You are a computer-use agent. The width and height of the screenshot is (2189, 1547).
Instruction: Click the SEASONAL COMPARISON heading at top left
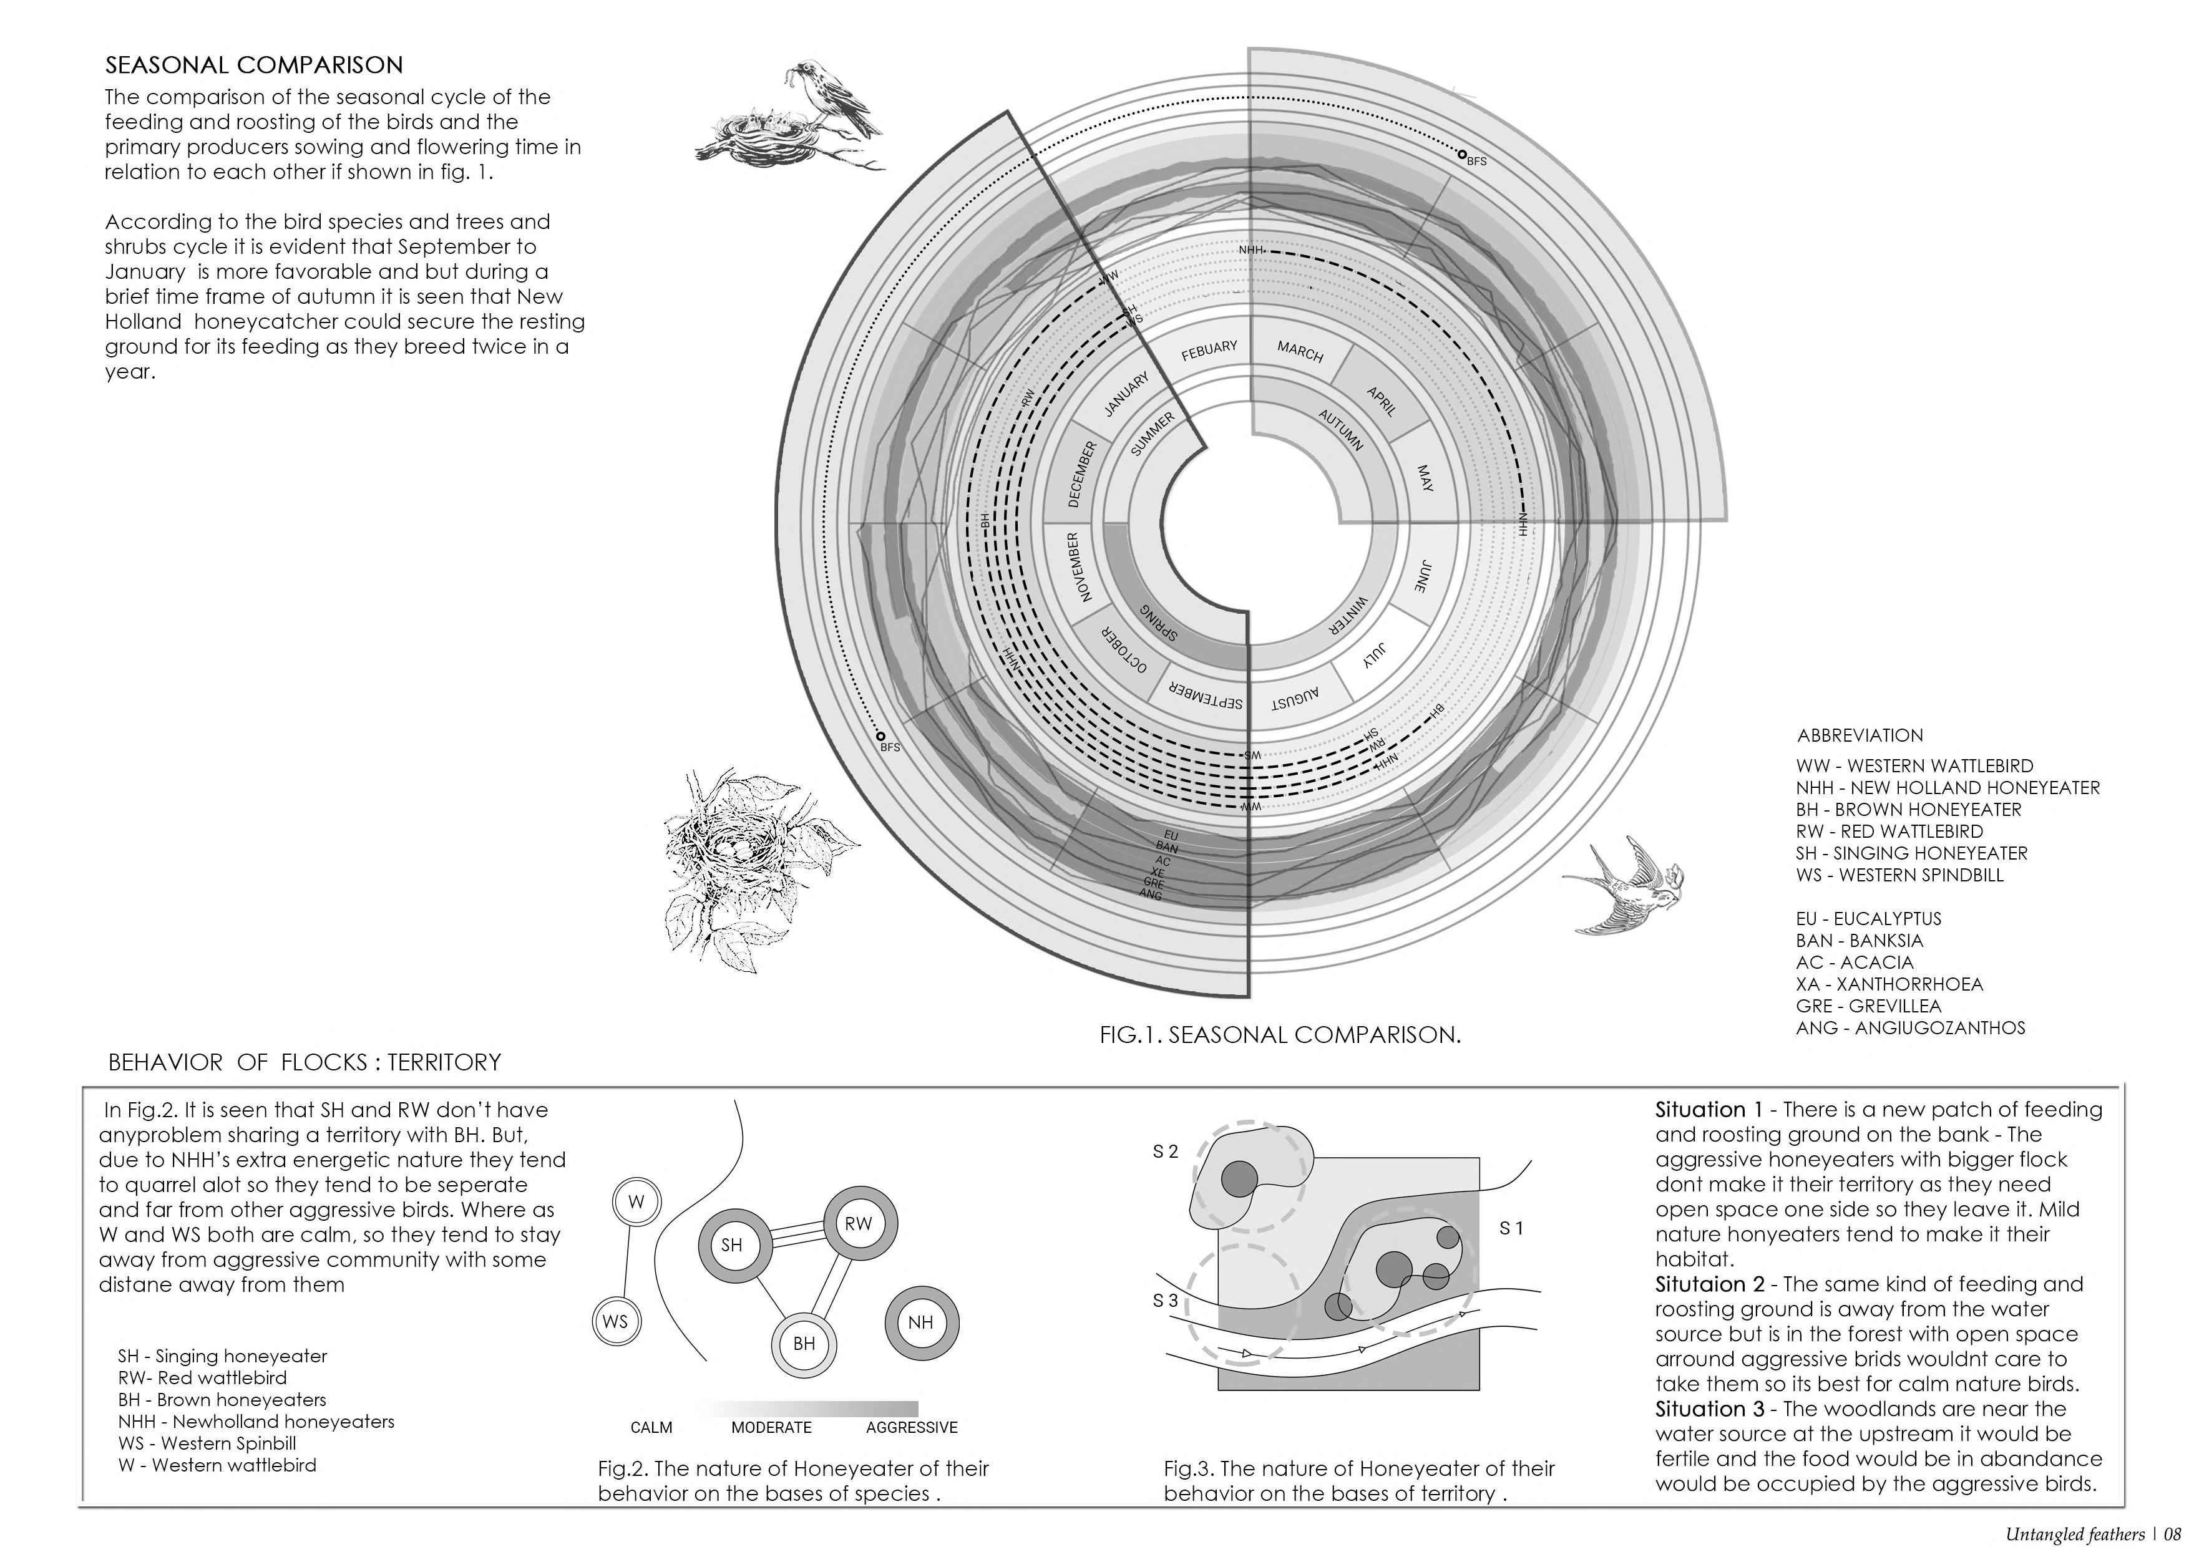(x=253, y=65)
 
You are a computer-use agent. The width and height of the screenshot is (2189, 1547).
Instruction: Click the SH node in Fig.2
(x=731, y=1245)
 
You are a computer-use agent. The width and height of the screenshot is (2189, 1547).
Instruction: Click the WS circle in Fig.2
(x=615, y=1321)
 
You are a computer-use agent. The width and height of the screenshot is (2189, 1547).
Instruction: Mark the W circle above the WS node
(x=636, y=1202)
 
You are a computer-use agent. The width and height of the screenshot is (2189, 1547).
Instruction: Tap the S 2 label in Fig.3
(x=1165, y=1152)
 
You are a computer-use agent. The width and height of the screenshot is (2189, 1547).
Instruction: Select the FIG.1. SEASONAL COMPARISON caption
(x=1279, y=1035)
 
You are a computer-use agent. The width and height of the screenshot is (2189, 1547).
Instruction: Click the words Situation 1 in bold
(x=1712, y=1110)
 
